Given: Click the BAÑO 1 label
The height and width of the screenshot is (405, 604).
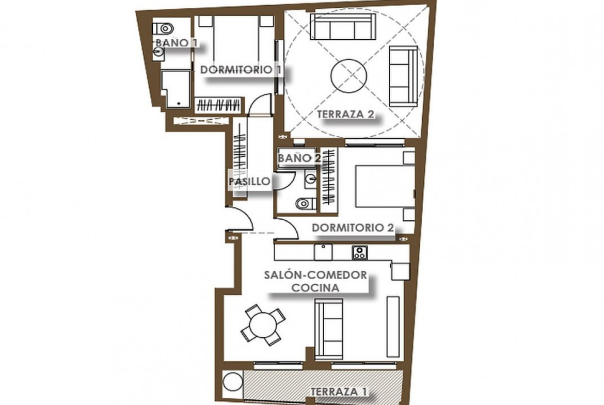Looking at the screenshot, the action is [177, 43].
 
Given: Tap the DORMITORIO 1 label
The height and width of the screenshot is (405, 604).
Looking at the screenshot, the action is [241, 70].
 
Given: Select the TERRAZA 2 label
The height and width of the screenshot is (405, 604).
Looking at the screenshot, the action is [345, 114].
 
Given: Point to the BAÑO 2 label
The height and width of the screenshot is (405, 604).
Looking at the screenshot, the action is [299, 158].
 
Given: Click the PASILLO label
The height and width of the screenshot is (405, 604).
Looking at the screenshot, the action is [250, 181].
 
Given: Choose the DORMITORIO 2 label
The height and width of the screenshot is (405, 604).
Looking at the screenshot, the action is [353, 228].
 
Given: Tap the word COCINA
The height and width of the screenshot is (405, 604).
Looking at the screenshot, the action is [315, 287].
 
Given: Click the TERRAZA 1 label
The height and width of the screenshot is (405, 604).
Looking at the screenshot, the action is [338, 392].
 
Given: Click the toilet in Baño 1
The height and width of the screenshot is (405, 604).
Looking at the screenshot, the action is [162, 28].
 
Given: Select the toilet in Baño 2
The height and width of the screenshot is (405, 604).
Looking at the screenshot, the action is [306, 203].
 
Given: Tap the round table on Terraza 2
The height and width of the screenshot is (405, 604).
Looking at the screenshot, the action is [348, 76].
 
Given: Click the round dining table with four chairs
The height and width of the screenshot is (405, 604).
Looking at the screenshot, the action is [263, 326].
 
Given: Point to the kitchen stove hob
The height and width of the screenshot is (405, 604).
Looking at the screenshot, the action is [359, 253].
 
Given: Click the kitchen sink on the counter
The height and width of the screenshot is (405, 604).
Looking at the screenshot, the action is [323, 252].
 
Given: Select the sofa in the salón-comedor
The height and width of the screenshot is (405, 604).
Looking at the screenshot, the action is [329, 330].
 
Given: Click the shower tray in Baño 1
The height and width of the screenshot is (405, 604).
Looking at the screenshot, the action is [176, 88].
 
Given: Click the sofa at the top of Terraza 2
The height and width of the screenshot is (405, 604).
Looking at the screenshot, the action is [342, 26].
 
